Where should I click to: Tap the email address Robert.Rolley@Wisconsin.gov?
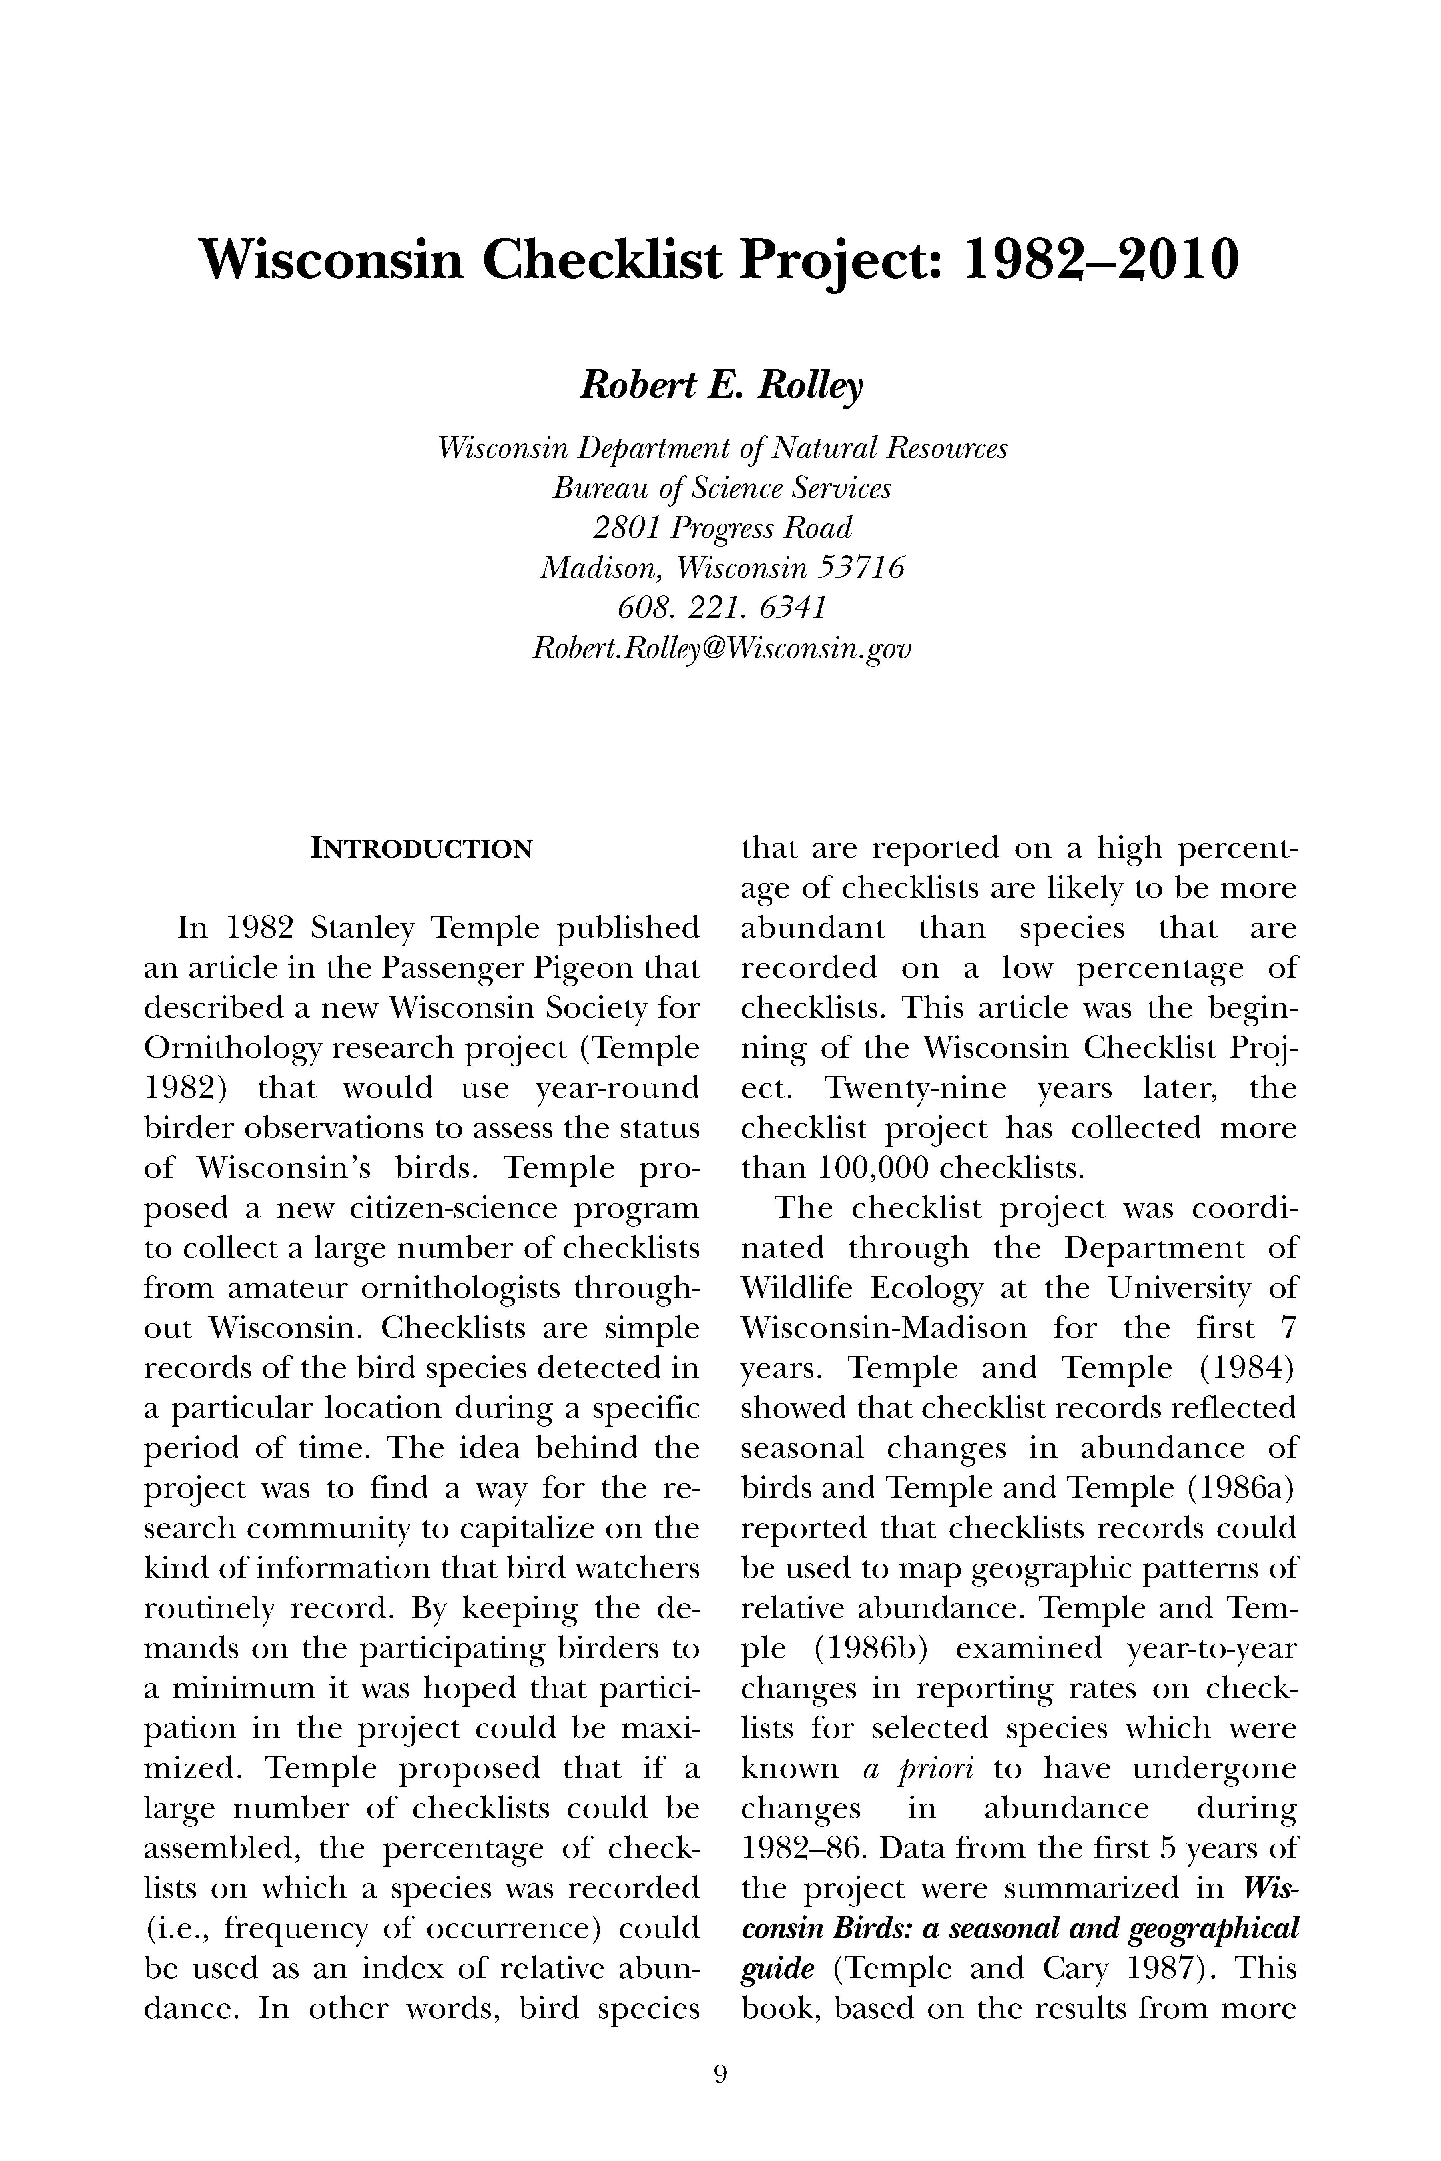pyautogui.click(x=721, y=649)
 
